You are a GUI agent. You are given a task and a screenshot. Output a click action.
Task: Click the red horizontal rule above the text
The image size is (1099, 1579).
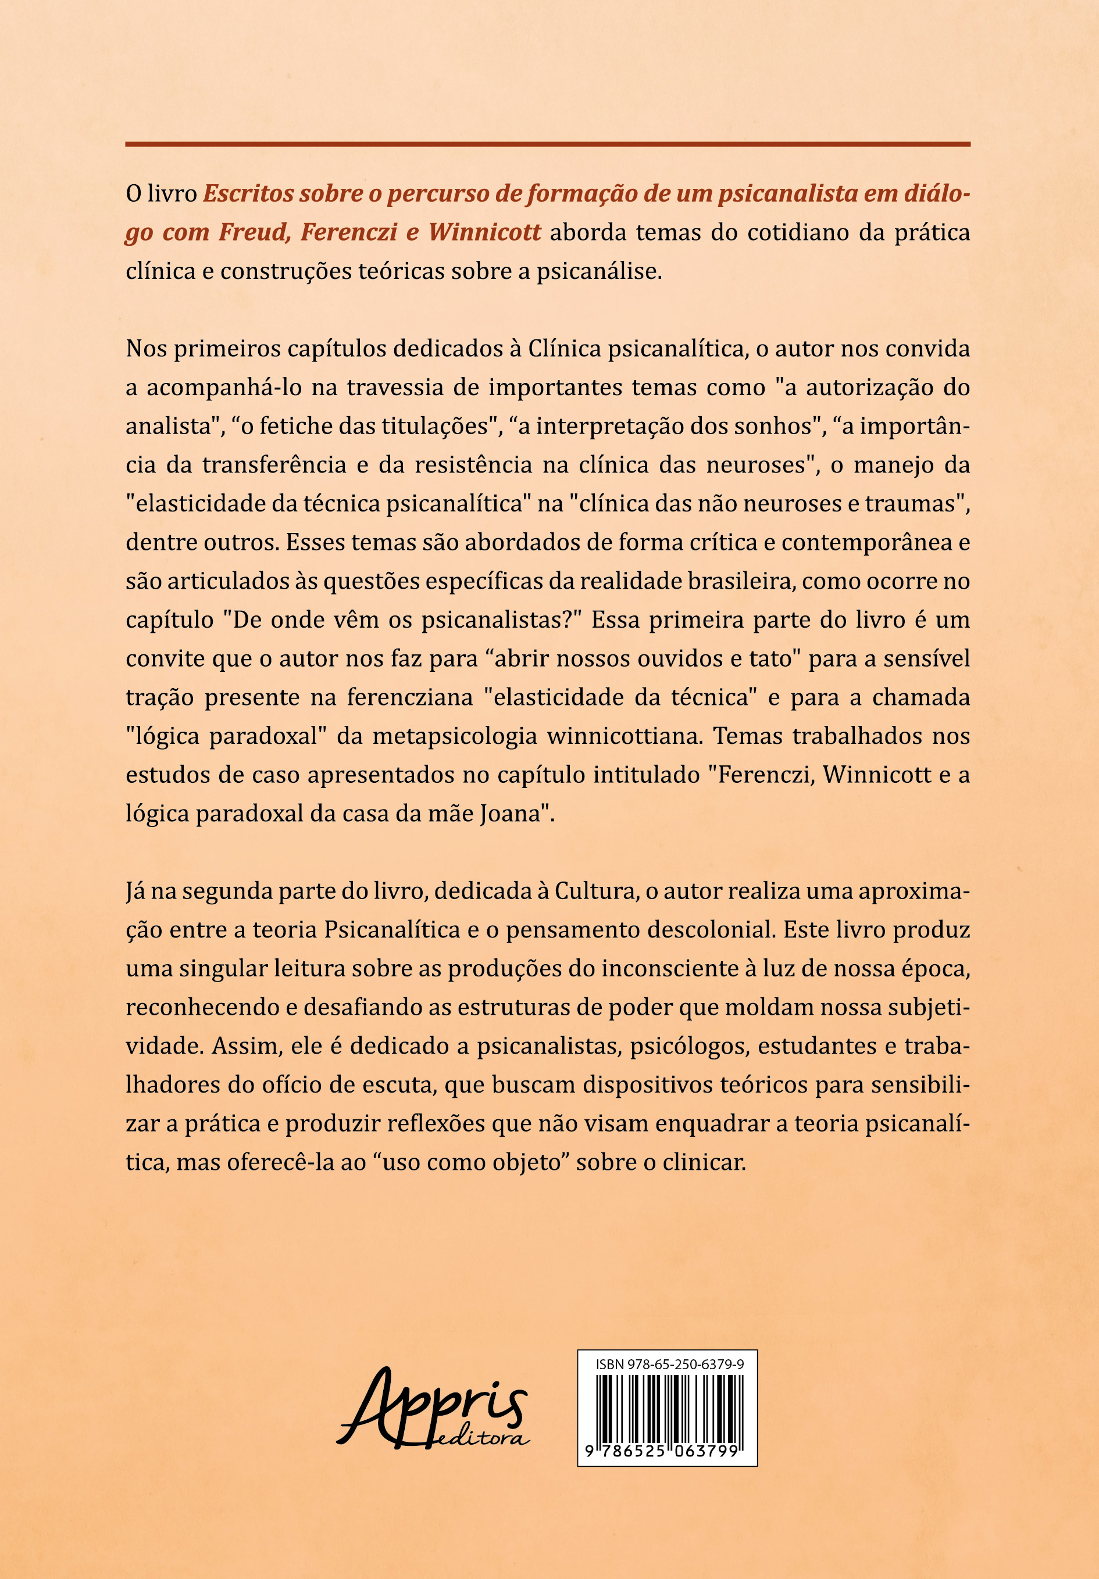(x=547, y=145)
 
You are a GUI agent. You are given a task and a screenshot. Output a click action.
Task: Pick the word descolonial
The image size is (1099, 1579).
(x=712, y=930)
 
